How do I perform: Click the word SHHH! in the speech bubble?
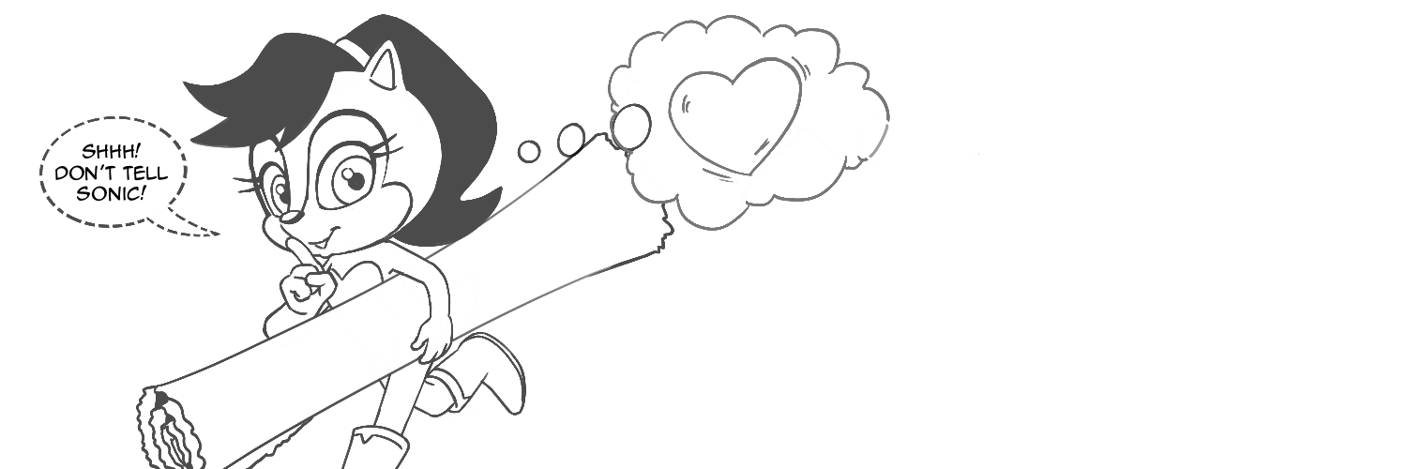tap(112, 152)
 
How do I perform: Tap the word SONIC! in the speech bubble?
tap(112, 194)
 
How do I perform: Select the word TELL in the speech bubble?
tap(145, 174)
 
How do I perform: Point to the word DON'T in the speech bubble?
tap(86, 174)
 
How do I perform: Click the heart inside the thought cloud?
tap(734, 115)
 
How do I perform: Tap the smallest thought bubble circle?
tap(529, 151)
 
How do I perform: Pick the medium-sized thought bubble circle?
tap(571, 138)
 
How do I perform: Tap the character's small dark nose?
tap(290, 218)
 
